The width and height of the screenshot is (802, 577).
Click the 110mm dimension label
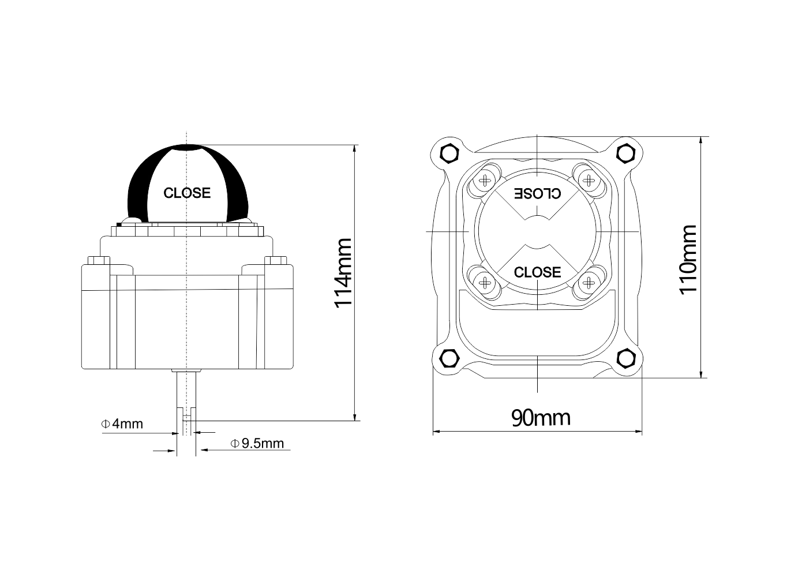688,260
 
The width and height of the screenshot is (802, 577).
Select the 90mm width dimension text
541,418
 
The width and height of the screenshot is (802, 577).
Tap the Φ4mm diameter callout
122,424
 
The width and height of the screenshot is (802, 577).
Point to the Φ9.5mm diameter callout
257,444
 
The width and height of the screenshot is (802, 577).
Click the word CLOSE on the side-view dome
187,193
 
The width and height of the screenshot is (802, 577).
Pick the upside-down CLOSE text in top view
538,194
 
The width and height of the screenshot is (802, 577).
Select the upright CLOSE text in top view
537,272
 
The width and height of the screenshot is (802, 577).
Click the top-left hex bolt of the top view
449,153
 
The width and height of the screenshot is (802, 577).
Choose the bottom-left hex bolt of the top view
449,358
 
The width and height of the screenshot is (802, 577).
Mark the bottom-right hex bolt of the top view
625,358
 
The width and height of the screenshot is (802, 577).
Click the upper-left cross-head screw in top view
485,181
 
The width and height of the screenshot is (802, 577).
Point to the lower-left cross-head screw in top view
485,283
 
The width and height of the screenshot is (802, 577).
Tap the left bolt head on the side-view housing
99,260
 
